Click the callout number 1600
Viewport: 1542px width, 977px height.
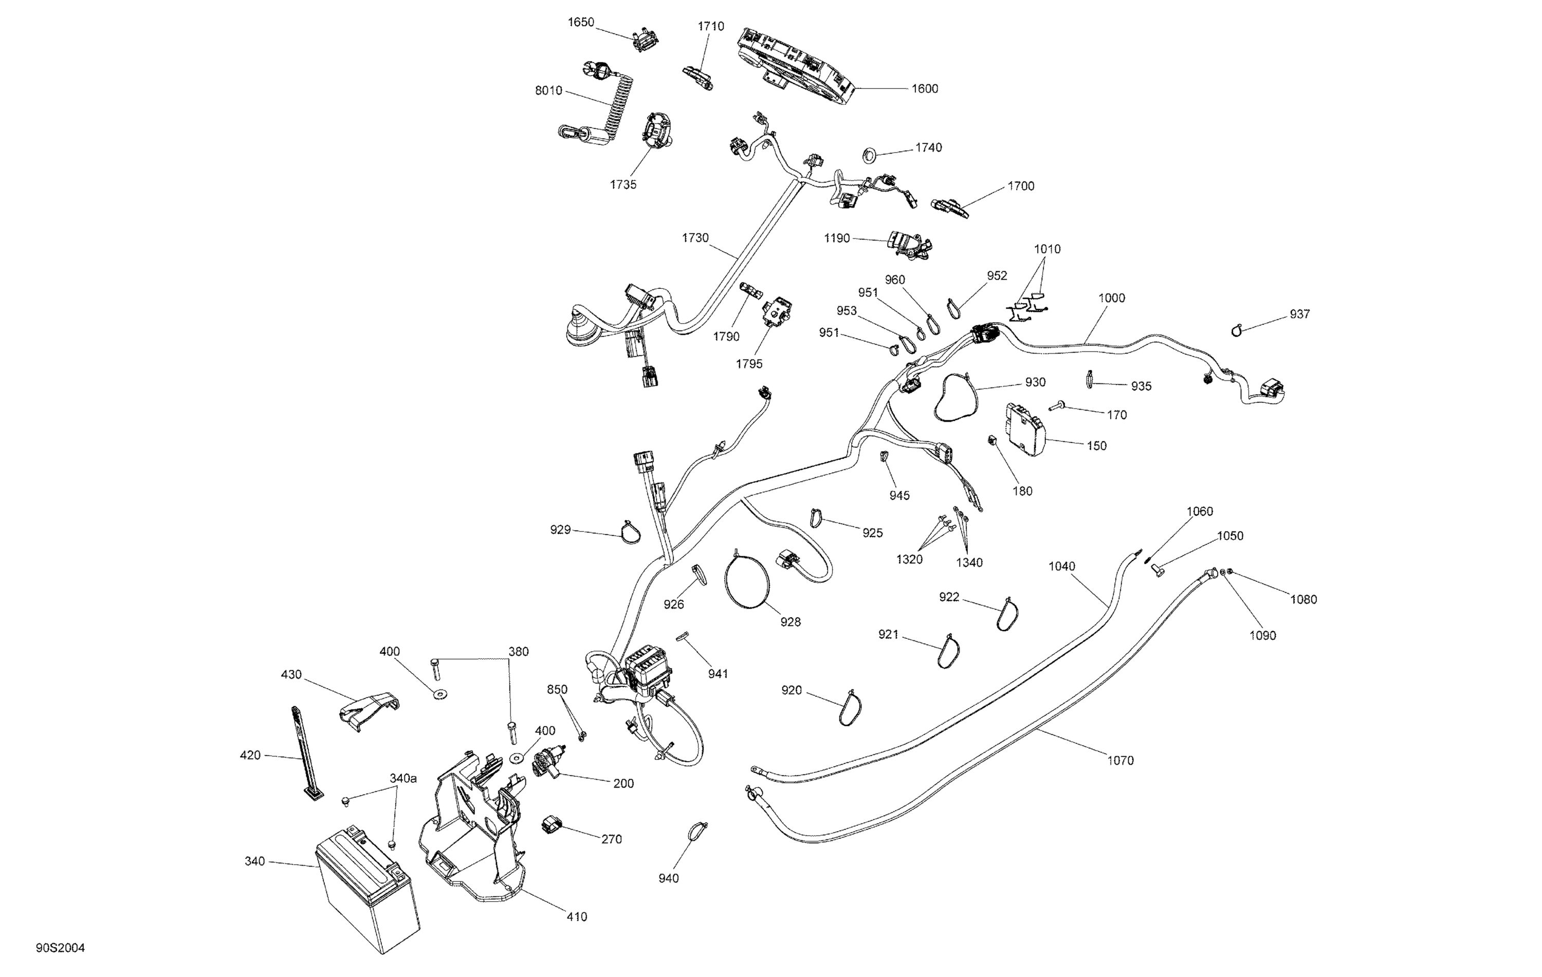(x=925, y=89)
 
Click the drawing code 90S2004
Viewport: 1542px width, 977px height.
(x=60, y=948)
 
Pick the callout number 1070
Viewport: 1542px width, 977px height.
(x=1120, y=761)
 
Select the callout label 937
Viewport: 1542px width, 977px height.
(x=1299, y=315)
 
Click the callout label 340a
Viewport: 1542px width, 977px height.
(x=403, y=779)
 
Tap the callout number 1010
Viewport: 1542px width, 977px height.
(x=1047, y=249)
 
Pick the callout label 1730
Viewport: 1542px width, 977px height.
(x=695, y=238)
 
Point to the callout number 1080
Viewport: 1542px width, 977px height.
(x=1303, y=600)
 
